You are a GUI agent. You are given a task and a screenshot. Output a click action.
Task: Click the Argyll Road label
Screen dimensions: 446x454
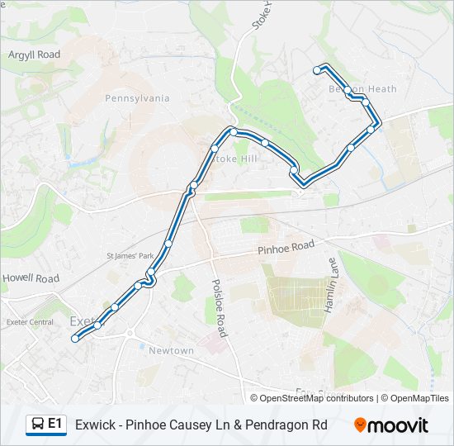click(35, 55)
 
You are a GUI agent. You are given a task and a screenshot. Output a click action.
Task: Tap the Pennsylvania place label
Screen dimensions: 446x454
click(137, 98)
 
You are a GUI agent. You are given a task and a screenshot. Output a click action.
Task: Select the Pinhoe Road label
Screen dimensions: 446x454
click(286, 246)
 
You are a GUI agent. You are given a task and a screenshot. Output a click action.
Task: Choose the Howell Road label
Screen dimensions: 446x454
click(31, 278)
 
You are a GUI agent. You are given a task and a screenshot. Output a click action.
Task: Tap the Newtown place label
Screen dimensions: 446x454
click(171, 351)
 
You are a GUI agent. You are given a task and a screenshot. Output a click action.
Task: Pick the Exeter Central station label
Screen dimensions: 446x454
click(30, 322)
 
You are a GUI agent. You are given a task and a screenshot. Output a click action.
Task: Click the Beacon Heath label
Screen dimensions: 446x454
click(362, 89)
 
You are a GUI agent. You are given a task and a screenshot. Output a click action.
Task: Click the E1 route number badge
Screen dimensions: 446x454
click(55, 424)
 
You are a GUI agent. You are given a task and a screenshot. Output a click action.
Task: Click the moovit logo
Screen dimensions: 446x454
click(391, 425)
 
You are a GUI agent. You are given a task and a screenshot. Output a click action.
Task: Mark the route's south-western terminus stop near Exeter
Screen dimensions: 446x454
click(75, 338)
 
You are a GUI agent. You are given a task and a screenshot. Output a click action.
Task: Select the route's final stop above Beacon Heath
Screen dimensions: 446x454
click(317, 71)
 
